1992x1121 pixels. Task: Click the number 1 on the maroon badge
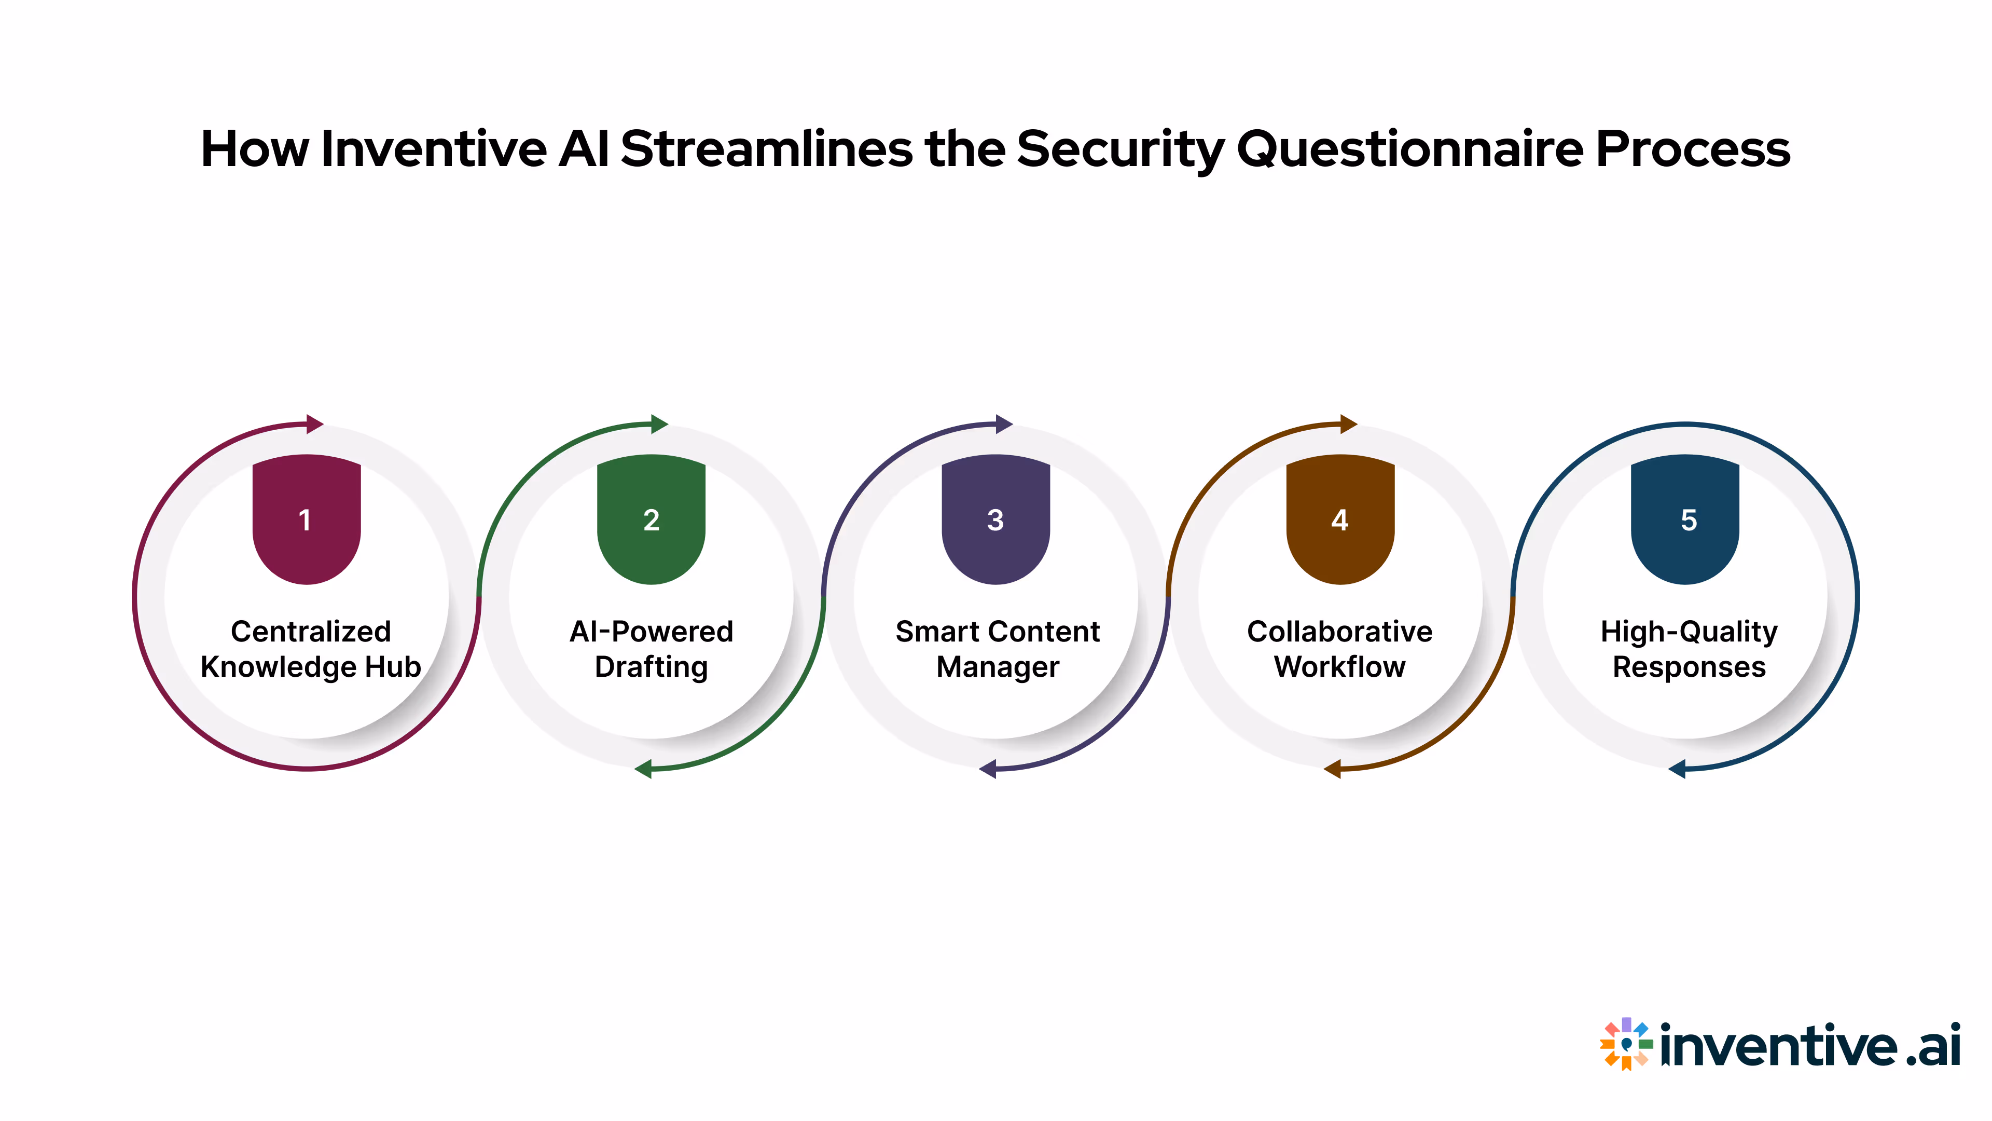(x=306, y=520)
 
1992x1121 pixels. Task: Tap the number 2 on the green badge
(x=651, y=520)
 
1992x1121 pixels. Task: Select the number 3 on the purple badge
(x=995, y=520)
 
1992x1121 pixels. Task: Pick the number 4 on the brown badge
(x=1340, y=520)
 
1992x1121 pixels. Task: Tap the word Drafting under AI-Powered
(x=651, y=667)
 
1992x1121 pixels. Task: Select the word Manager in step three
(x=998, y=667)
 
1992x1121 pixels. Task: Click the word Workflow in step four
(x=1340, y=667)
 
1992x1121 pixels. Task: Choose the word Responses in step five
(x=1689, y=667)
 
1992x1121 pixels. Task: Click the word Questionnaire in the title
(x=1410, y=149)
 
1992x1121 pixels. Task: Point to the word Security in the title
(x=1120, y=149)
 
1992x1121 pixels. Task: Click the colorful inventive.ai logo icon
(x=1626, y=1044)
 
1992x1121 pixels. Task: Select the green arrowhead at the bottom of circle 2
(x=643, y=769)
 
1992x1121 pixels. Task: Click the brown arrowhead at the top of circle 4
(x=1348, y=424)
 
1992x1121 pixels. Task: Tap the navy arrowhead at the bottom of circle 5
(x=1677, y=769)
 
